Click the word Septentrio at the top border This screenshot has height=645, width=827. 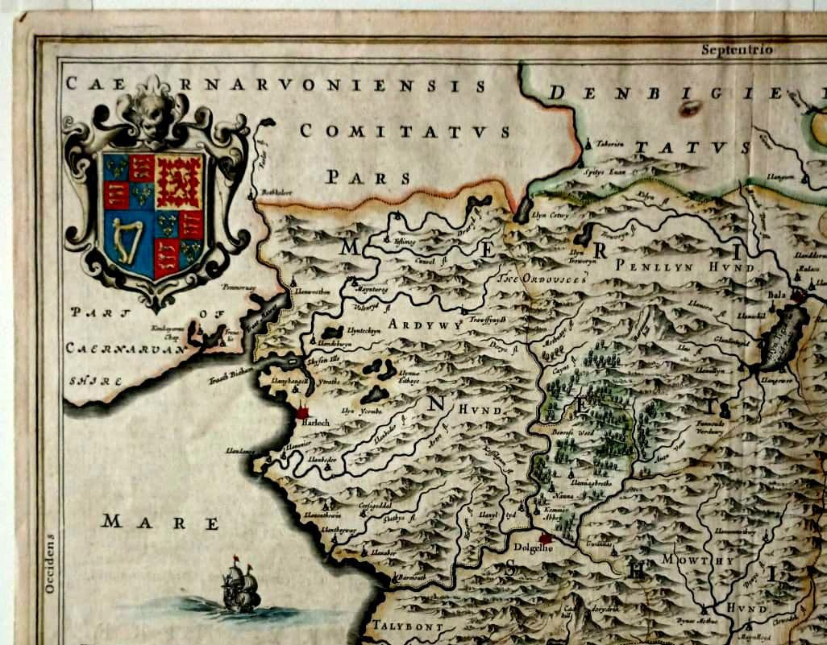tap(737, 50)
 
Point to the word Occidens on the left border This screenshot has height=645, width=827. tap(49, 564)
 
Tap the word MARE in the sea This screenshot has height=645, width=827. tap(160, 523)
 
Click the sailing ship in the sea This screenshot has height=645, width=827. tap(240, 585)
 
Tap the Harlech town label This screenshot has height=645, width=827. tap(315, 422)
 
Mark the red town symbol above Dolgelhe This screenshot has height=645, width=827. tap(546, 537)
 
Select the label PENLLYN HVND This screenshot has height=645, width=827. tap(684, 267)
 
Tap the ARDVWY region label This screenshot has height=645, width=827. tap(422, 325)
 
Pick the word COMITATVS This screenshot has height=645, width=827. tap(404, 131)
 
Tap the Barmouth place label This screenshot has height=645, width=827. tap(412, 578)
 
